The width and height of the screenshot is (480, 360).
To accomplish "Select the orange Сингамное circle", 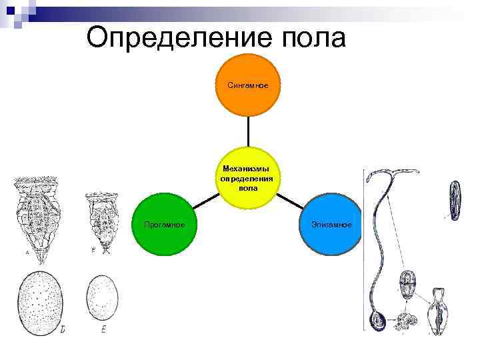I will coord(248,85).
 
